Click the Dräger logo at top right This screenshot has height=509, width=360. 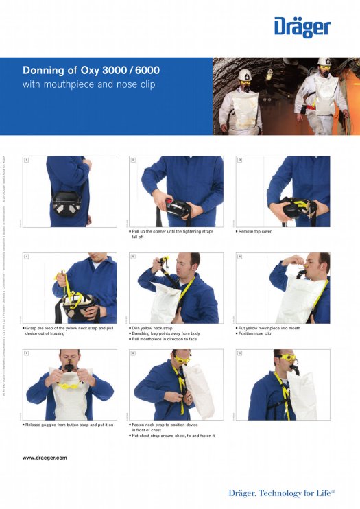click(302, 27)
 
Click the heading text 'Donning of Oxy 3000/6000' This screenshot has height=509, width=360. click(91, 71)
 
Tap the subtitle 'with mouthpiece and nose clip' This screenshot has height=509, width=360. click(89, 85)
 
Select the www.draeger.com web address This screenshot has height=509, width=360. click(45, 457)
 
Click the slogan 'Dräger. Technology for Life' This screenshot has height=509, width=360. click(283, 493)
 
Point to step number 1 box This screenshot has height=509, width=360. click(26, 160)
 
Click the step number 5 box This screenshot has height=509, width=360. click(132, 257)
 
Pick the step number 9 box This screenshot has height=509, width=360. click(239, 353)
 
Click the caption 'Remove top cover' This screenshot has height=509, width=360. click(255, 232)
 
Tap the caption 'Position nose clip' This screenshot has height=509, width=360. click(255, 334)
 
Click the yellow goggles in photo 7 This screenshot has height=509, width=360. click(69, 386)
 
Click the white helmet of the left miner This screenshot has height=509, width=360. click(245, 74)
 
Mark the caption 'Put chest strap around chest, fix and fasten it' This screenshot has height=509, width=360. click(173, 436)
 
